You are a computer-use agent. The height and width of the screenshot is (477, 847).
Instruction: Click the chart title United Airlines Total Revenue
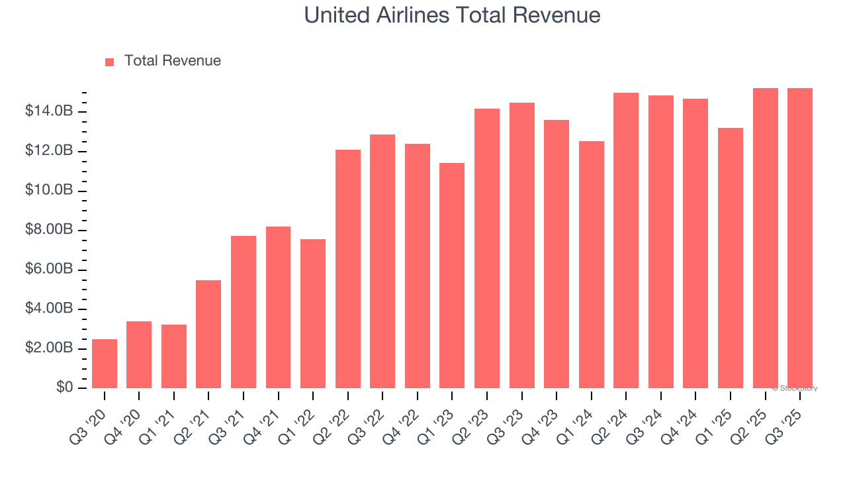(x=452, y=15)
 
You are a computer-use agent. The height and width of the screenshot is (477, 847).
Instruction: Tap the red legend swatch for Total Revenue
(x=109, y=62)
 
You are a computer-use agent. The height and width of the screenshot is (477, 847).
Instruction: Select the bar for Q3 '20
(x=105, y=364)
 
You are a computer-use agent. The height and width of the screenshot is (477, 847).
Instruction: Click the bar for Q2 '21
(x=208, y=334)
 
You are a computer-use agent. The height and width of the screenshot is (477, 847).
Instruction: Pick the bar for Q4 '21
(x=278, y=307)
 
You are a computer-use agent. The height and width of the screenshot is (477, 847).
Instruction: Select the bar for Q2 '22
(x=348, y=269)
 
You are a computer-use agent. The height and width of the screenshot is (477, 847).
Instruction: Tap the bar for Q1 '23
(x=452, y=276)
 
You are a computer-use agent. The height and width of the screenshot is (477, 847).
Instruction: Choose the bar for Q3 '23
(x=521, y=245)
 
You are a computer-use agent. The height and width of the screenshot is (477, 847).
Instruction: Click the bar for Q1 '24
(x=591, y=264)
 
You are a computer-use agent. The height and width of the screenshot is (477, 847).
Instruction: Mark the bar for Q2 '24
(x=626, y=240)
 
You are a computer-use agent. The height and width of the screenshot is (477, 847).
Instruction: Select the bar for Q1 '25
(x=731, y=258)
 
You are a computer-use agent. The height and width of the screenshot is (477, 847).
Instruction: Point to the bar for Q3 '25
(x=800, y=238)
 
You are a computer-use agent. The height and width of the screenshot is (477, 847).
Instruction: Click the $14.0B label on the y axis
(x=49, y=111)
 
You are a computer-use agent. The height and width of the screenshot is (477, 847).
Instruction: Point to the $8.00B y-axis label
(x=49, y=230)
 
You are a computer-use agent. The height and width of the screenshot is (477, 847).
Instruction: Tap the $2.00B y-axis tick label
(x=49, y=348)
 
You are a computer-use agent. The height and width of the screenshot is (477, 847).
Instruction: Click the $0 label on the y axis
(x=64, y=388)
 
